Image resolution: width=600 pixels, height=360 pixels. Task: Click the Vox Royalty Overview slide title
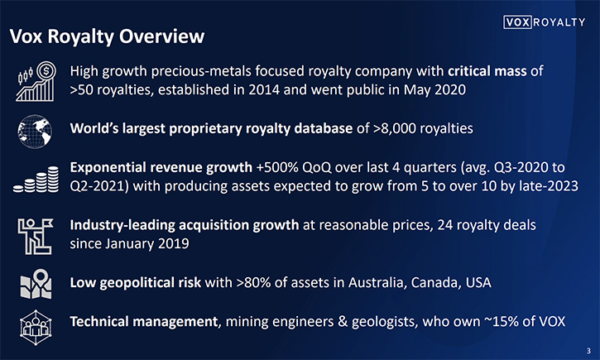click(x=107, y=36)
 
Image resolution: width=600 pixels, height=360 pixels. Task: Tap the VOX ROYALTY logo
click(x=544, y=22)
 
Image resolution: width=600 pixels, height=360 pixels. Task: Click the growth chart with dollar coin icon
click(x=36, y=81)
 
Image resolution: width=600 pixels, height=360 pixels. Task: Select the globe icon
click(x=35, y=132)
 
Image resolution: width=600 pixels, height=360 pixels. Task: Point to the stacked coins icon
click(x=36, y=179)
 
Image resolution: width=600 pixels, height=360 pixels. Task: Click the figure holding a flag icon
click(x=36, y=236)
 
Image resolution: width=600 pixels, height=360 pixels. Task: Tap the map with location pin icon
click(x=36, y=284)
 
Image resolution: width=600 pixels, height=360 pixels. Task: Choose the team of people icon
click(x=36, y=328)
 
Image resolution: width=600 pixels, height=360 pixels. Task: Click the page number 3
click(x=588, y=351)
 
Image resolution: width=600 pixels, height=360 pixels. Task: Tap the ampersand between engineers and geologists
click(x=343, y=321)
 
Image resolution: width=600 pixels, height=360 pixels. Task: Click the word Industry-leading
click(x=122, y=225)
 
